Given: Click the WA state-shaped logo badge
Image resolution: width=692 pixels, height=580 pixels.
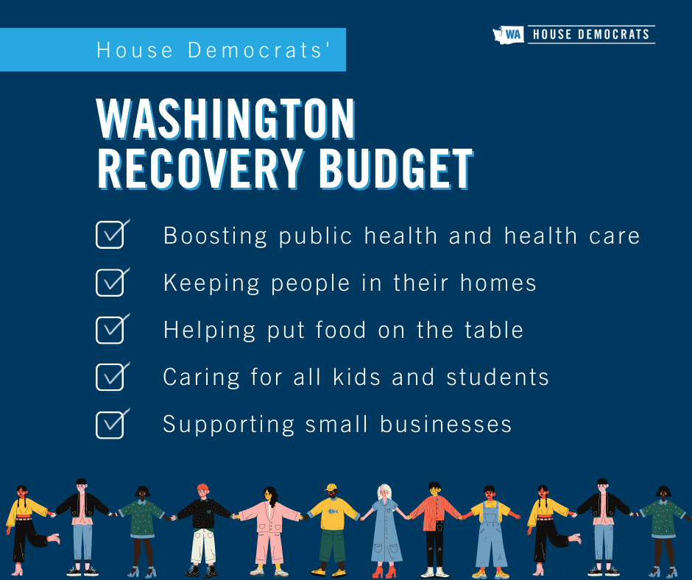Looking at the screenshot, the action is tap(509, 35).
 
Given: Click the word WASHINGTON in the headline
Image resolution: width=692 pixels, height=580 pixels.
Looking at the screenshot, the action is tap(226, 119).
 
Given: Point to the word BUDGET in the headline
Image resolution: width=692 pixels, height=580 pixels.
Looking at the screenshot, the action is tap(396, 168).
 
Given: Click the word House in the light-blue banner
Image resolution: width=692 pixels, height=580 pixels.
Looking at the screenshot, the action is tap(135, 50).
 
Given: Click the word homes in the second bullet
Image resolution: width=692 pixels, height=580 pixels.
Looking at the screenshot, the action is tap(498, 283).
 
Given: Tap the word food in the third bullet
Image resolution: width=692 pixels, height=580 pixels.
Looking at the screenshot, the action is tap(341, 330).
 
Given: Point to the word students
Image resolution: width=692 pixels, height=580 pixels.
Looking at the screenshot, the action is tap(498, 378).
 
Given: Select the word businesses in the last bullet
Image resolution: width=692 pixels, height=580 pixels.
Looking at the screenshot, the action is tap(445, 424).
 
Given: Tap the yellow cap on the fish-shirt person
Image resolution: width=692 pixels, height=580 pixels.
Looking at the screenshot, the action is tap(331, 487).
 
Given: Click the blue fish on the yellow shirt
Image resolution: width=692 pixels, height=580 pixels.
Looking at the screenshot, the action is tap(333, 511).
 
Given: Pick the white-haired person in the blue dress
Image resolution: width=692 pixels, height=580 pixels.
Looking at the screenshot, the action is tap(384, 531).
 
